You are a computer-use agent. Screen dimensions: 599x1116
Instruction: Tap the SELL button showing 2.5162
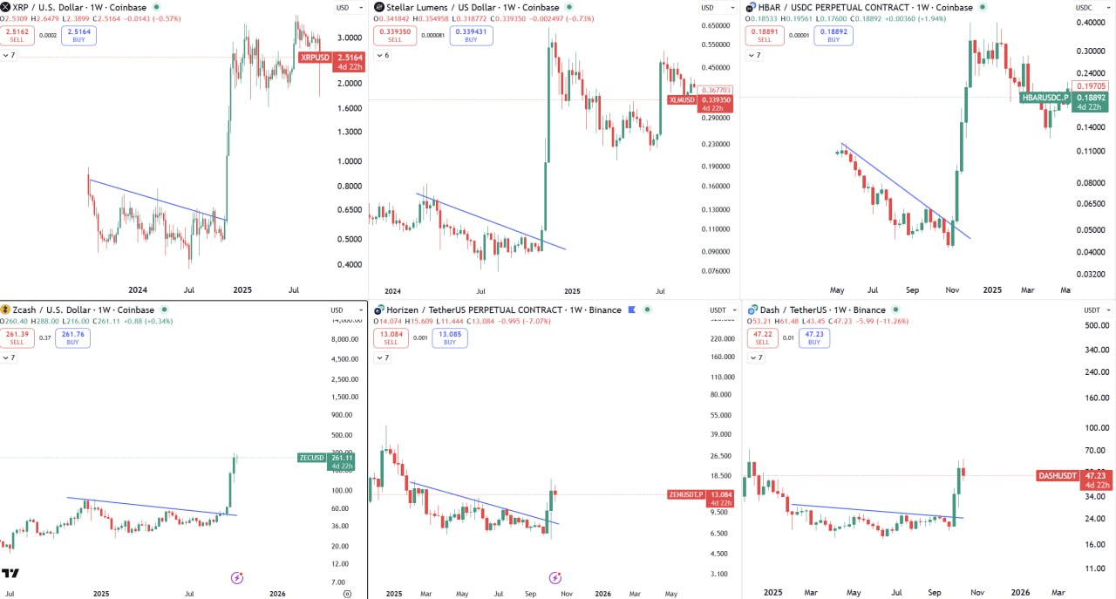17,36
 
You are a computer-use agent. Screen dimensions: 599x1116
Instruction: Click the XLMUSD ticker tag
682,99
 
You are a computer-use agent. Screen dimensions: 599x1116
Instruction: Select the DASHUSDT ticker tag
1057,475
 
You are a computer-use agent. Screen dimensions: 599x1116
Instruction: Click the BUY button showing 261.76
72,337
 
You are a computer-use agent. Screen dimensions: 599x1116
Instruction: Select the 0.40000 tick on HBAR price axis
1089,23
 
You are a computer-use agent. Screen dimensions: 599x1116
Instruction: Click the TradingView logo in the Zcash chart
10,573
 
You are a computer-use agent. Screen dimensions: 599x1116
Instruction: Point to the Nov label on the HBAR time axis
952,289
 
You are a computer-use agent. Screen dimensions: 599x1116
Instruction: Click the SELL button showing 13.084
391,337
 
